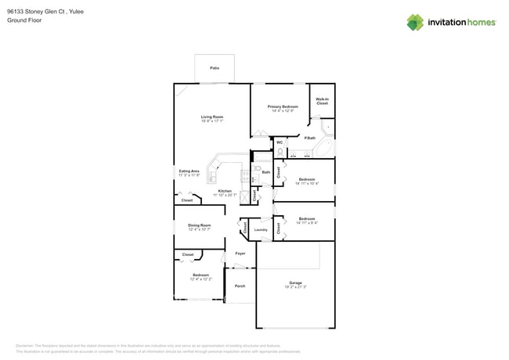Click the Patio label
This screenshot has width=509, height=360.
[x=215, y=69]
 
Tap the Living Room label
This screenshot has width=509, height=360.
[x=212, y=117]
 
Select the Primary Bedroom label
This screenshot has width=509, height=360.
[x=283, y=106]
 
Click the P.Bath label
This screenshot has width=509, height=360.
[x=310, y=138]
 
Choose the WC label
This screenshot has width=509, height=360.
[x=280, y=142]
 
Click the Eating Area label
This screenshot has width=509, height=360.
[x=189, y=171]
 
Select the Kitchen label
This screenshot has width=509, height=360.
[x=225, y=191]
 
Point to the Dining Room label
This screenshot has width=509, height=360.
[x=200, y=225]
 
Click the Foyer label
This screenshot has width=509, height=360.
[x=240, y=254]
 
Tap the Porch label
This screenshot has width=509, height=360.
[x=240, y=286]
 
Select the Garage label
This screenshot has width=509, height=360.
[x=295, y=283]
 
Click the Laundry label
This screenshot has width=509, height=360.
[x=261, y=229]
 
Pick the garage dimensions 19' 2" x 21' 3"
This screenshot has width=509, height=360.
[x=295, y=287]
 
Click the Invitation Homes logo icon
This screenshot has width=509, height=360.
[x=415, y=22]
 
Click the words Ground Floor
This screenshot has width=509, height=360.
[x=23, y=20]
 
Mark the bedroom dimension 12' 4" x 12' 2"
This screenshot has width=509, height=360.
[x=200, y=279]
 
